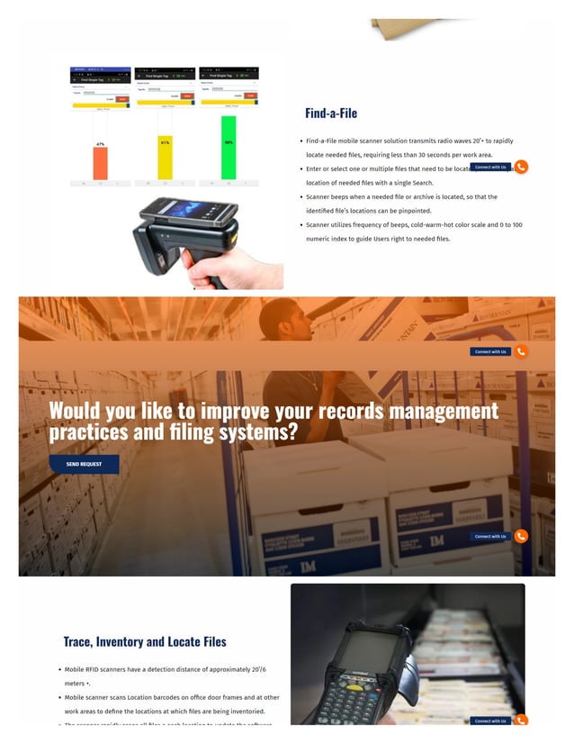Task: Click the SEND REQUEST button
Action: (x=84, y=464)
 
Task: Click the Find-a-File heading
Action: (x=330, y=113)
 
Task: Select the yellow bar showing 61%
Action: (x=165, y=158)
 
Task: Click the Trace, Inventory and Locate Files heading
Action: (x=144, y=642)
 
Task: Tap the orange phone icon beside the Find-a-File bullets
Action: (x=521, y=167)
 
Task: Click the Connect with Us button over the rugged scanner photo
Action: (x=490, y=721)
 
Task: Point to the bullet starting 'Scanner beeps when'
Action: (x=401, y=196)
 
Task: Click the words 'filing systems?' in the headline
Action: (x=247, y=432)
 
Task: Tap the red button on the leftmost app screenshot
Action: (x=123, y=99)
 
